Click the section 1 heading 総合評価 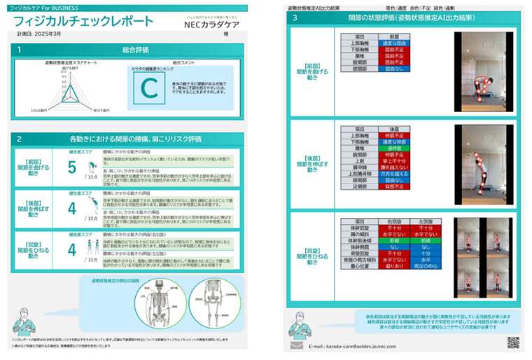click(138, 50)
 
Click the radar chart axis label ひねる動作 click(39, 111)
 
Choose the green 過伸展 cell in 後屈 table click(390, 148)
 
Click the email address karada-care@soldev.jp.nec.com click(365, 346)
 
